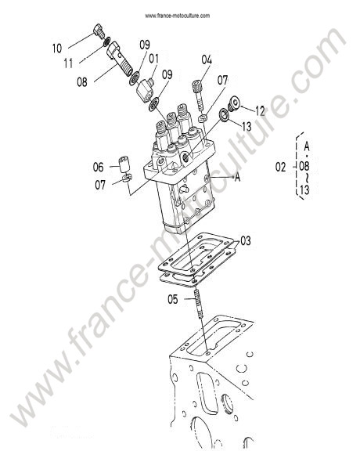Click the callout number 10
tap(57, 49)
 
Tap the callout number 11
tap(68, 63)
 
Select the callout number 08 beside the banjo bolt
tap(82, 81)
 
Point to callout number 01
tap(154, 59)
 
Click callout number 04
tap(207, 60)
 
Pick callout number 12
tap(260, 111)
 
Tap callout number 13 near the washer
tap(247, 127)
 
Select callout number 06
tap(98, 167)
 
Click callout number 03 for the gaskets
tap(246, 241)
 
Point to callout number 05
tap(172, 299)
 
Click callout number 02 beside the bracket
tap(280, 168)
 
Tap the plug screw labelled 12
tap(235, 103)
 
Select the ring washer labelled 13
tap(224, 116)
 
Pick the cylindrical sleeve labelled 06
tap(124, 164)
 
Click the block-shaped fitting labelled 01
tap(146, 88)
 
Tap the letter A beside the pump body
tap(237, 178)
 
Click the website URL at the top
tap(178, 16)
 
